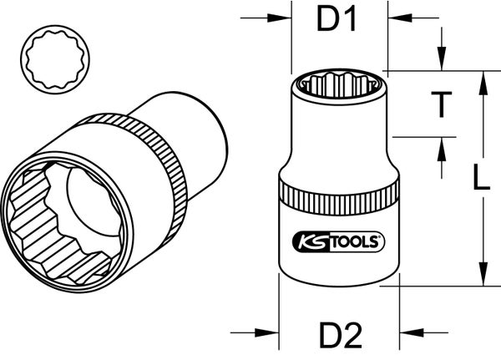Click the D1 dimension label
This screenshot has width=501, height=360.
click(x=337, y=20)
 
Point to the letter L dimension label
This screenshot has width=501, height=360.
click(x=480, y=179)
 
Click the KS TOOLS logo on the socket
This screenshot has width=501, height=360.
click(x=338, y=242)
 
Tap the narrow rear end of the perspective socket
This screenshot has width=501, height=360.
click(x=205, y=125)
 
